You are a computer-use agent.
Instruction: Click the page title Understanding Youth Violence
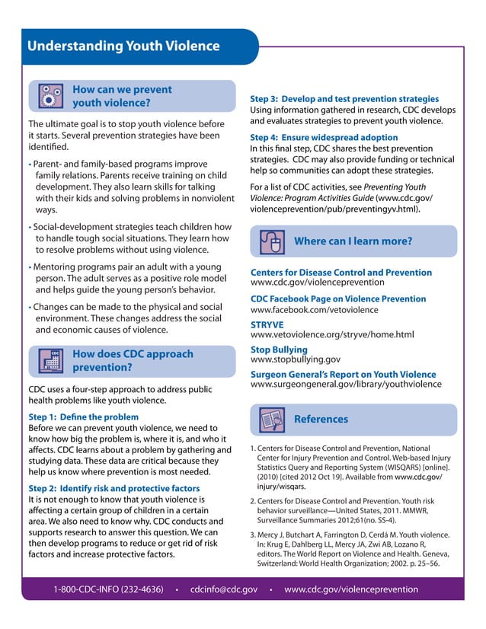123,46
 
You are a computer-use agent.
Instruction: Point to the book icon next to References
272,420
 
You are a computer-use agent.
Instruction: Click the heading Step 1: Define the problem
83,417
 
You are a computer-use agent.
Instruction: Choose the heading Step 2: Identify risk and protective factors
114,487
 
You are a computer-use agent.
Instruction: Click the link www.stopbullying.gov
296,359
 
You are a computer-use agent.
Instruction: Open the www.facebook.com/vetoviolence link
314,310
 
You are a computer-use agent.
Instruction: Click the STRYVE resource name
268,324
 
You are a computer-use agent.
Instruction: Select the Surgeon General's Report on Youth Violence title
343,375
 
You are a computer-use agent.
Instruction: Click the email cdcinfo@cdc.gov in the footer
224,589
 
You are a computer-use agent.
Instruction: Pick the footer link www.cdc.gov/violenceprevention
350,589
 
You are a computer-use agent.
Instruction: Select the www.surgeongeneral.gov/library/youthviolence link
343,386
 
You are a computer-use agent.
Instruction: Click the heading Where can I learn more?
353,241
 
